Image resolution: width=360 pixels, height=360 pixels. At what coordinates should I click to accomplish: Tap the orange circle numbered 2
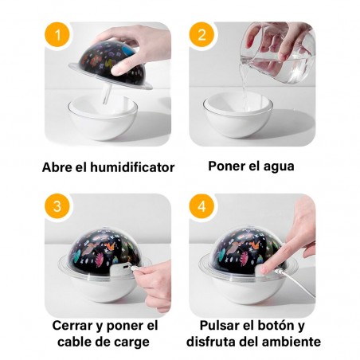(202, 35)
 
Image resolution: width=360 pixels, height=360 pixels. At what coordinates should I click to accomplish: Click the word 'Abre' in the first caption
(60, 168)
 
